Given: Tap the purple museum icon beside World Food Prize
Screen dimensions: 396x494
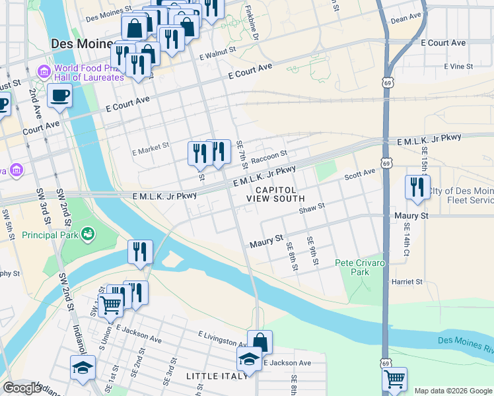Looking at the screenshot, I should click(44, 71).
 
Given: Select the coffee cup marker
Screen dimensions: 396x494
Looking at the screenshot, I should click(59, 95).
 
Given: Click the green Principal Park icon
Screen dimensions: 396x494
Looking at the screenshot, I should click(87, 234).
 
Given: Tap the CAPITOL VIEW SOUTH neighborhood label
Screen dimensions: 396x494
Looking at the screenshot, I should click(275, 193).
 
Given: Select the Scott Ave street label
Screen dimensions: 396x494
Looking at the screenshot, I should click(359, 175).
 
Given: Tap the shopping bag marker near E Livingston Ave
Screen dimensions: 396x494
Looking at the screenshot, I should click(260, 342).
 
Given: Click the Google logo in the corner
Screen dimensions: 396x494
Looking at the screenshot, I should click(21, 388).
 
